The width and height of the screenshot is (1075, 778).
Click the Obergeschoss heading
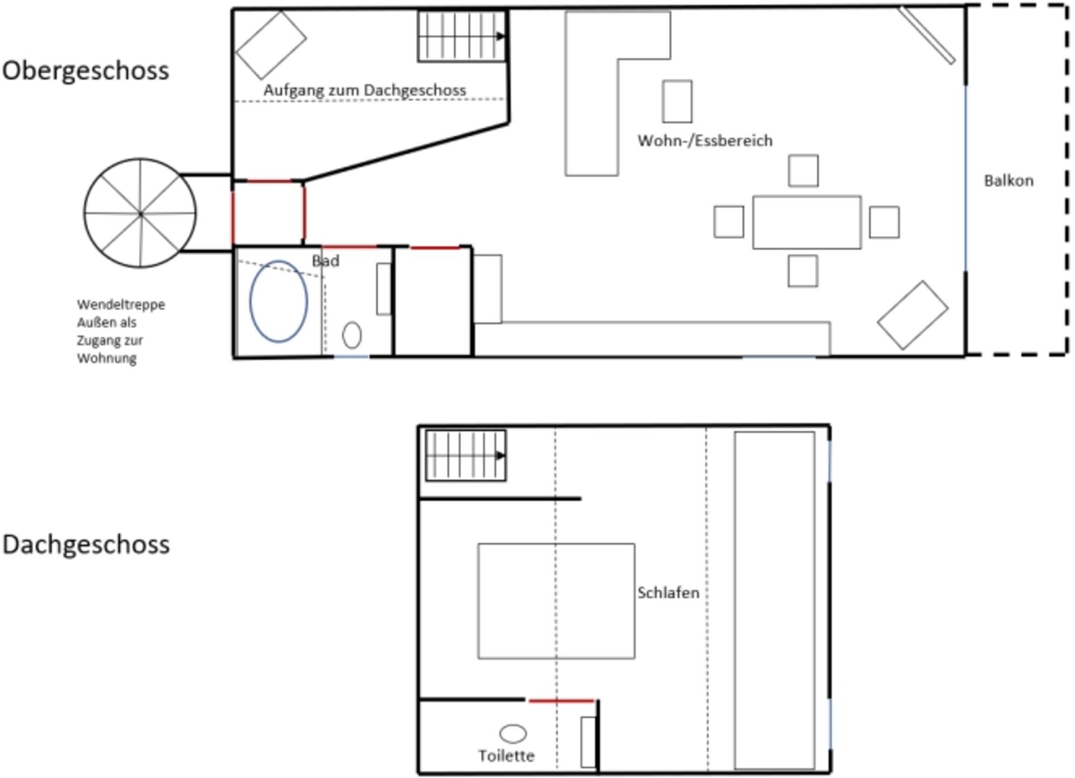coord(85,71)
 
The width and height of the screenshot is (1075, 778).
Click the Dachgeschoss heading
coord(86,545)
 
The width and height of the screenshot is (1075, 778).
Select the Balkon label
coord(1008,181)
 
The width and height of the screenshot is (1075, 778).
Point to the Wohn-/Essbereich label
coord(705,141)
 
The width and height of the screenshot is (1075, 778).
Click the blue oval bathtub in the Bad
coord(278,301)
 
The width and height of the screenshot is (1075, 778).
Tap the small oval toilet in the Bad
coord(352,335)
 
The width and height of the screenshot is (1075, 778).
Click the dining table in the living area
coord(807,222)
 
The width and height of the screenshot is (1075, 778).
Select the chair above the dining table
coord(804,171)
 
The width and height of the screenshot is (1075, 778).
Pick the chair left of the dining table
coord(729,222)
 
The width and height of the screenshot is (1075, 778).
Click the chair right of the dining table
coord(884,222)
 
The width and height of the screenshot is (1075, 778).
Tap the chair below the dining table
coord(803,271)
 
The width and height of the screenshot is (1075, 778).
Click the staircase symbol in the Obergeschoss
coord(462,37)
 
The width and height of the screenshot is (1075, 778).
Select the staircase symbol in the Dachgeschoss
coord(465,456)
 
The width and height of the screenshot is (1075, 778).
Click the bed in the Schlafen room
coord(556,601)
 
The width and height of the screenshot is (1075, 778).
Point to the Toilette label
coord(506,756)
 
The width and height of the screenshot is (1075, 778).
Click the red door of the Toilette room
coord(561,701)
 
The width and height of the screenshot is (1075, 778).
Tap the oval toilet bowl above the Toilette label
coord(513,733)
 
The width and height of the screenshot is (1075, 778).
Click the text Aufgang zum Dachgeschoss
coord(364,90)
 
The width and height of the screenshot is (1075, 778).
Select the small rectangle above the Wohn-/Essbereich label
coord(677,102)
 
